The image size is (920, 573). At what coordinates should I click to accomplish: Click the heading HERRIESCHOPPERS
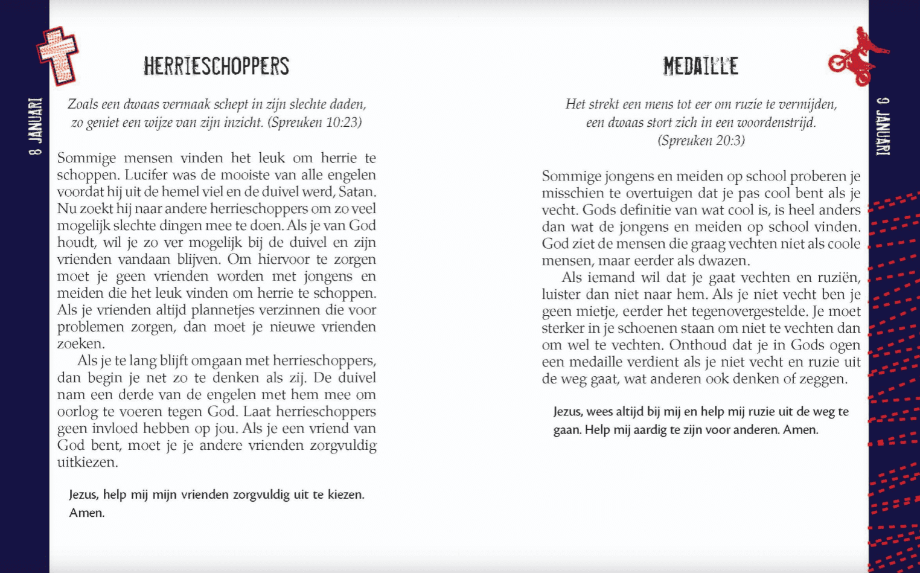216,66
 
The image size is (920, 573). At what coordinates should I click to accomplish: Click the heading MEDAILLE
700,66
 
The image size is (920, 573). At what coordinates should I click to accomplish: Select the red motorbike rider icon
857,56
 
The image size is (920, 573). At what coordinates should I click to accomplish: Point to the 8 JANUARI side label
36,126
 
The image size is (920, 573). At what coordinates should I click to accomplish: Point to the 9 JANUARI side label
883,126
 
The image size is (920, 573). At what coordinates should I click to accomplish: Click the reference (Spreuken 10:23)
315,123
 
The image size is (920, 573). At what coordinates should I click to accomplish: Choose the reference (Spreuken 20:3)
701,141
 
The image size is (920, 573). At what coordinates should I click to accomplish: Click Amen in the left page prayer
87,513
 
